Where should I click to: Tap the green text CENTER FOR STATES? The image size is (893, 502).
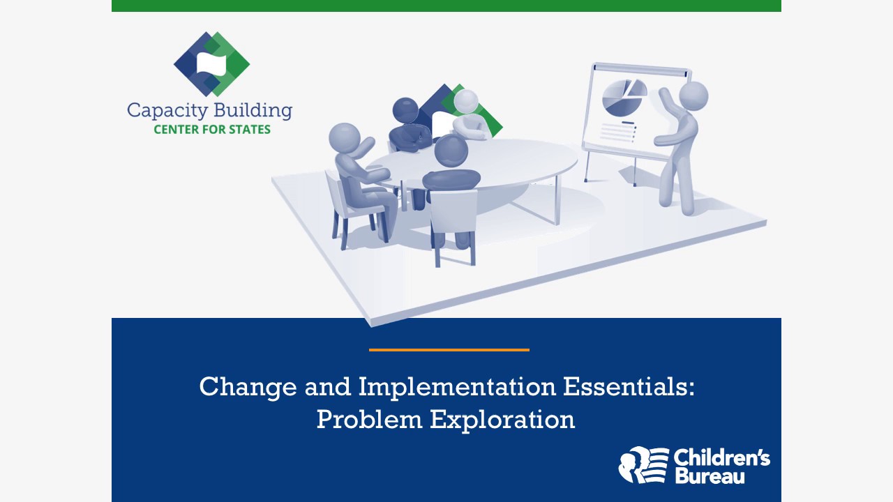click(x=212, y=130)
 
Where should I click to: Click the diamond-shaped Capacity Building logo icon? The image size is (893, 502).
click(x=211, y=64)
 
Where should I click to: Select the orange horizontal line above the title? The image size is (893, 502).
click(x=449, y=349)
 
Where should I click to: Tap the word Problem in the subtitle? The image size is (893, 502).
click(x=369, y=420)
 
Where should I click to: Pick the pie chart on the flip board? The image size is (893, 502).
click(x=623, y=98)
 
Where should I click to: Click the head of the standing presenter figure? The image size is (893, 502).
click(x=693, y=96)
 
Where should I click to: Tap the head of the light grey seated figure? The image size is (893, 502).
click(x=466, y=102)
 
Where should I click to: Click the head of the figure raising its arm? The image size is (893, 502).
click(x=345, y=137)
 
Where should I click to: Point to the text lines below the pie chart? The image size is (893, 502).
click(x=617, y=132)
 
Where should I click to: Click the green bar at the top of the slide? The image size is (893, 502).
click(x=446, y=6)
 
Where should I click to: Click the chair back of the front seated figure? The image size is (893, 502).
click(x=453, y=213)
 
